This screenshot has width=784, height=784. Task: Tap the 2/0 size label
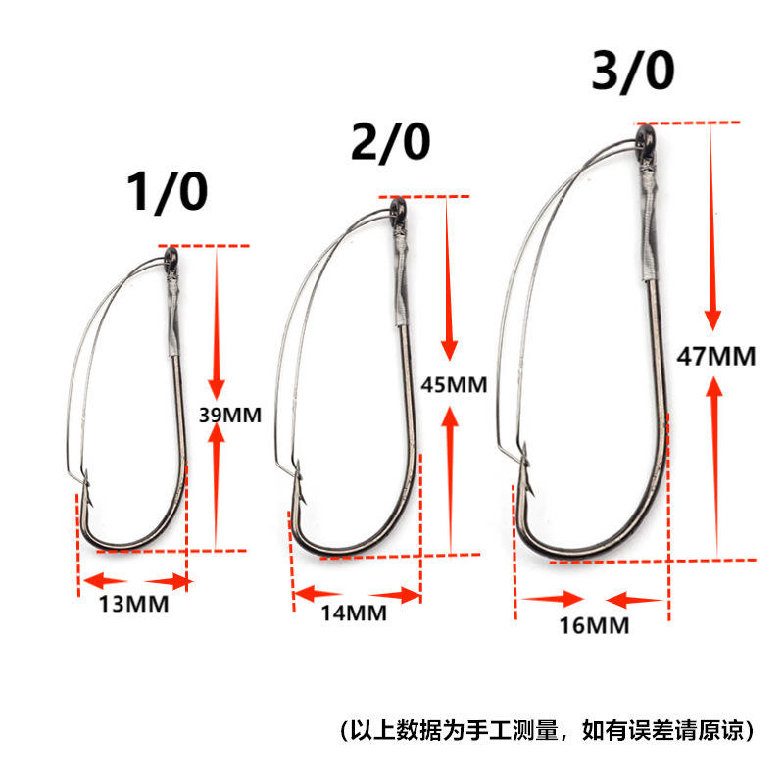tap(390, 142)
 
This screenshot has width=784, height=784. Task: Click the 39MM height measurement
tap(230, 415)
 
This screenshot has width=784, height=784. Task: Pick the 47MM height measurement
tap(716, 356)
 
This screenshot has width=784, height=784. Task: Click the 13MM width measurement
tap(133, 605)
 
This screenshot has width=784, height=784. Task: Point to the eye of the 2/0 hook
tap(398, 207)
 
